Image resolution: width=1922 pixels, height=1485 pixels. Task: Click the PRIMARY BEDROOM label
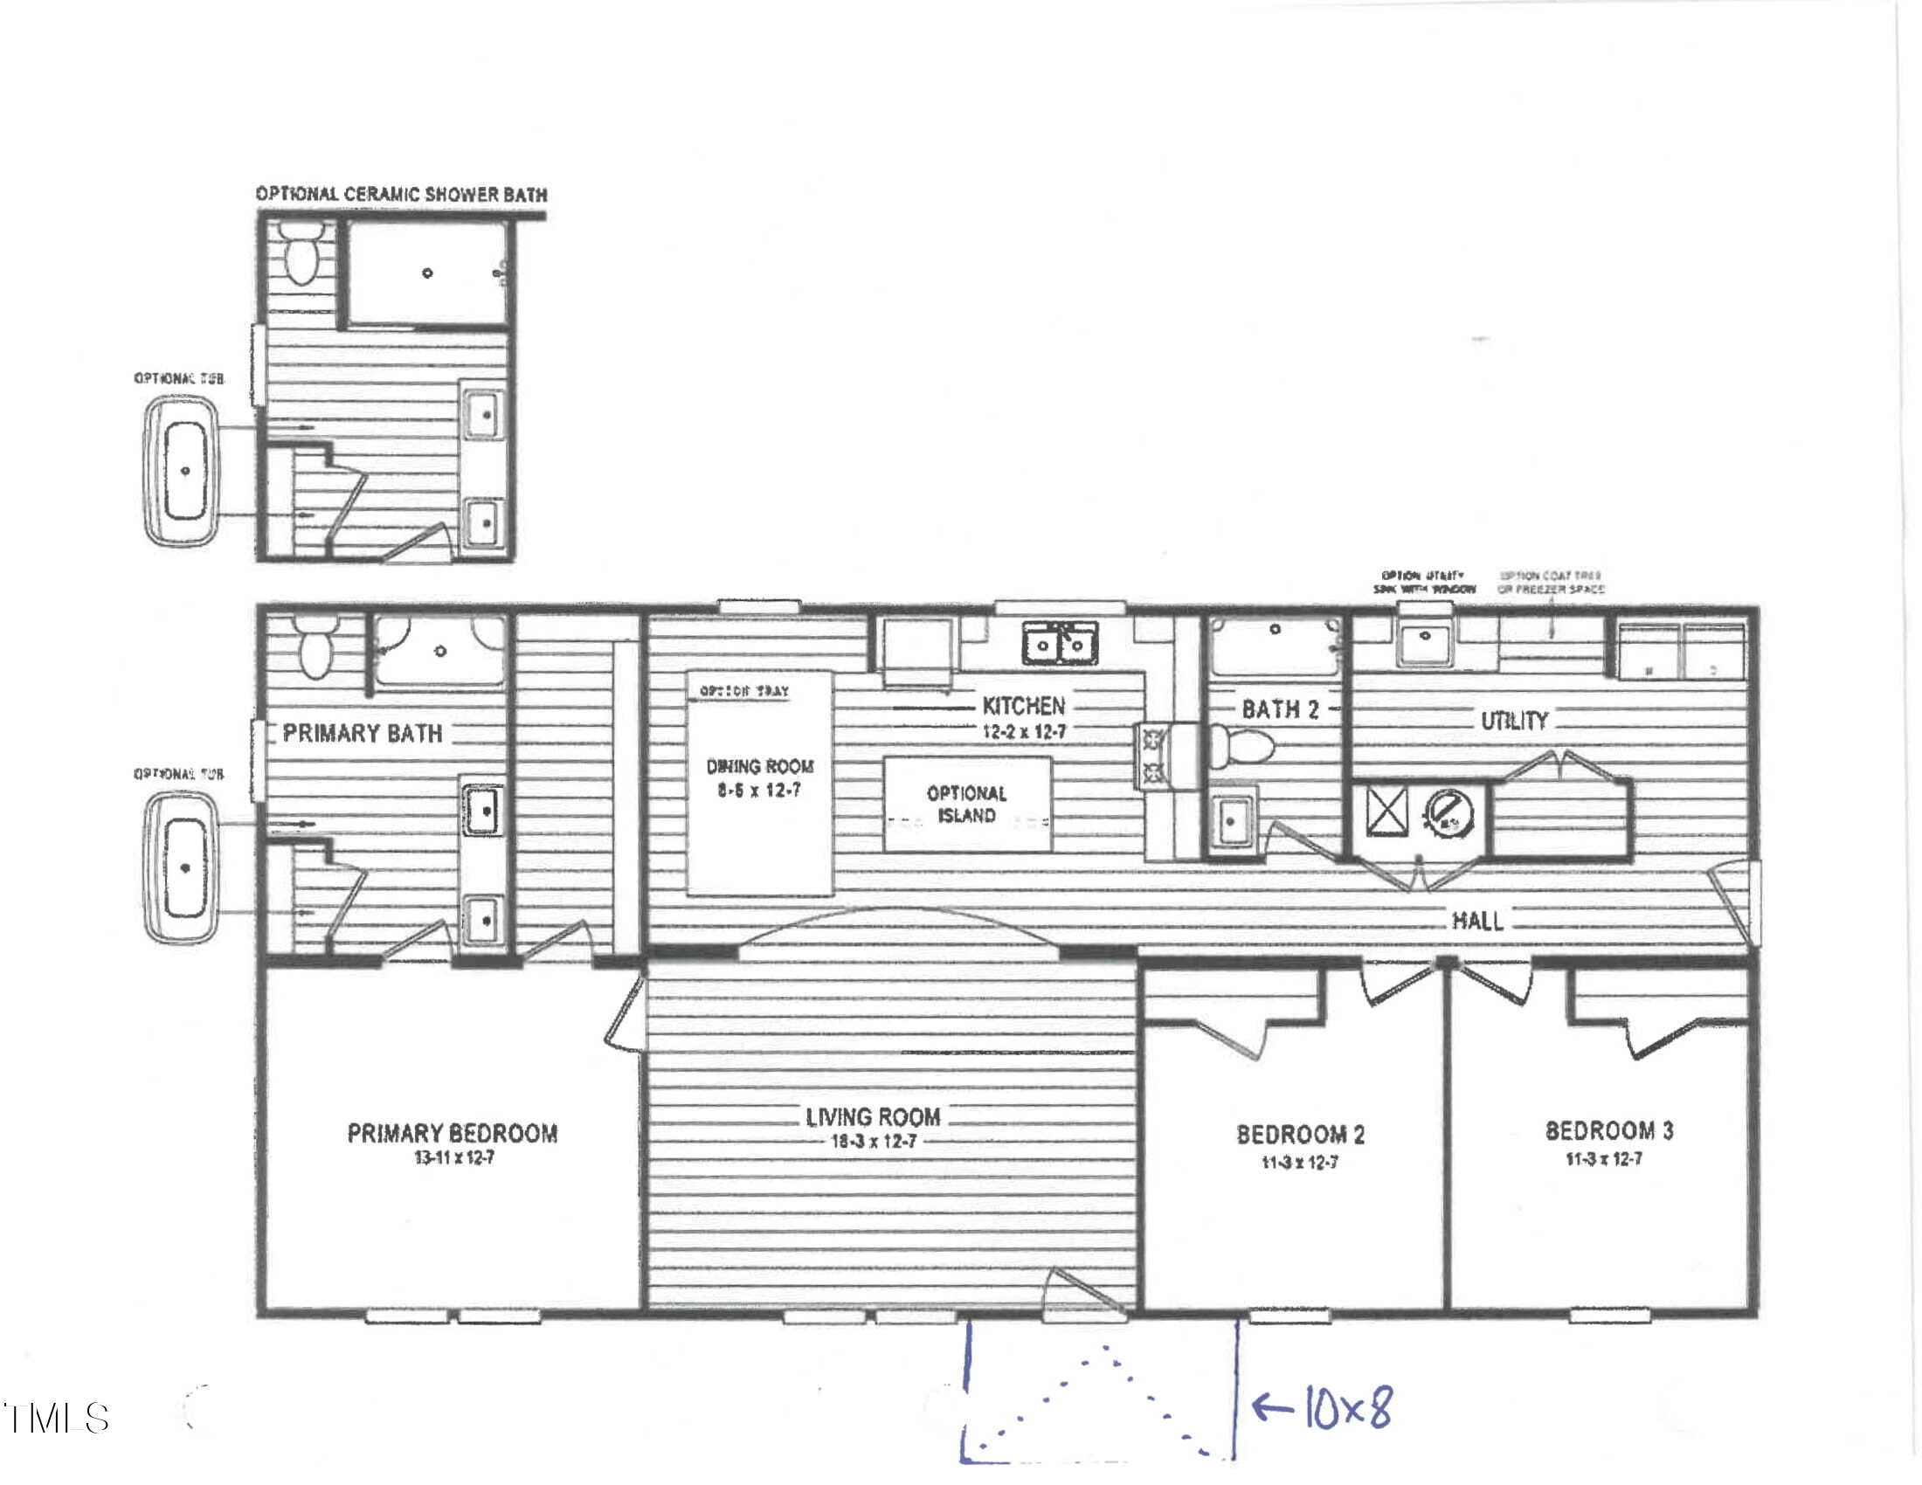tap(453, 1133)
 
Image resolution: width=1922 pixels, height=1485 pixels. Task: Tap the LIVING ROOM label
tap(873, 1117)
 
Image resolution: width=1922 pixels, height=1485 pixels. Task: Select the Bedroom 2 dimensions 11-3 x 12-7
tap(1300, 1162)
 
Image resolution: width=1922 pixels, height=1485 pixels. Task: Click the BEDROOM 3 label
tap(1608, 1130)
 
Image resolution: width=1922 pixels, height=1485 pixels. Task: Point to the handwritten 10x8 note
tap(1347, 1407)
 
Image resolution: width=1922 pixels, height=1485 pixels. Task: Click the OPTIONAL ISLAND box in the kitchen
tap(966, 804)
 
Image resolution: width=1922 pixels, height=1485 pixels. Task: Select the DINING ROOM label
tap(759, 766)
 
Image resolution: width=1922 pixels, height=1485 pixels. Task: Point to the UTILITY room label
tap(1514, 722)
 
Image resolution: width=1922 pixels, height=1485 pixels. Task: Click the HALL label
tap(1476, 920)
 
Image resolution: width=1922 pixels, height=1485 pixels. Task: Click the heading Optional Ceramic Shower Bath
tap(401, 195)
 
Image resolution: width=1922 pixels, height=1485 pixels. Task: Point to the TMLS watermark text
tap(57, 1417)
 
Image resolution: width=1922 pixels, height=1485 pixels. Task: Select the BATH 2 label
tap(1280, 709)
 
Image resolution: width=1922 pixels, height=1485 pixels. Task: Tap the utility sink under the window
tap(1424, 646)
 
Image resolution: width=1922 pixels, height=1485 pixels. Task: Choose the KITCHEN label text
tap(1023, 706)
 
